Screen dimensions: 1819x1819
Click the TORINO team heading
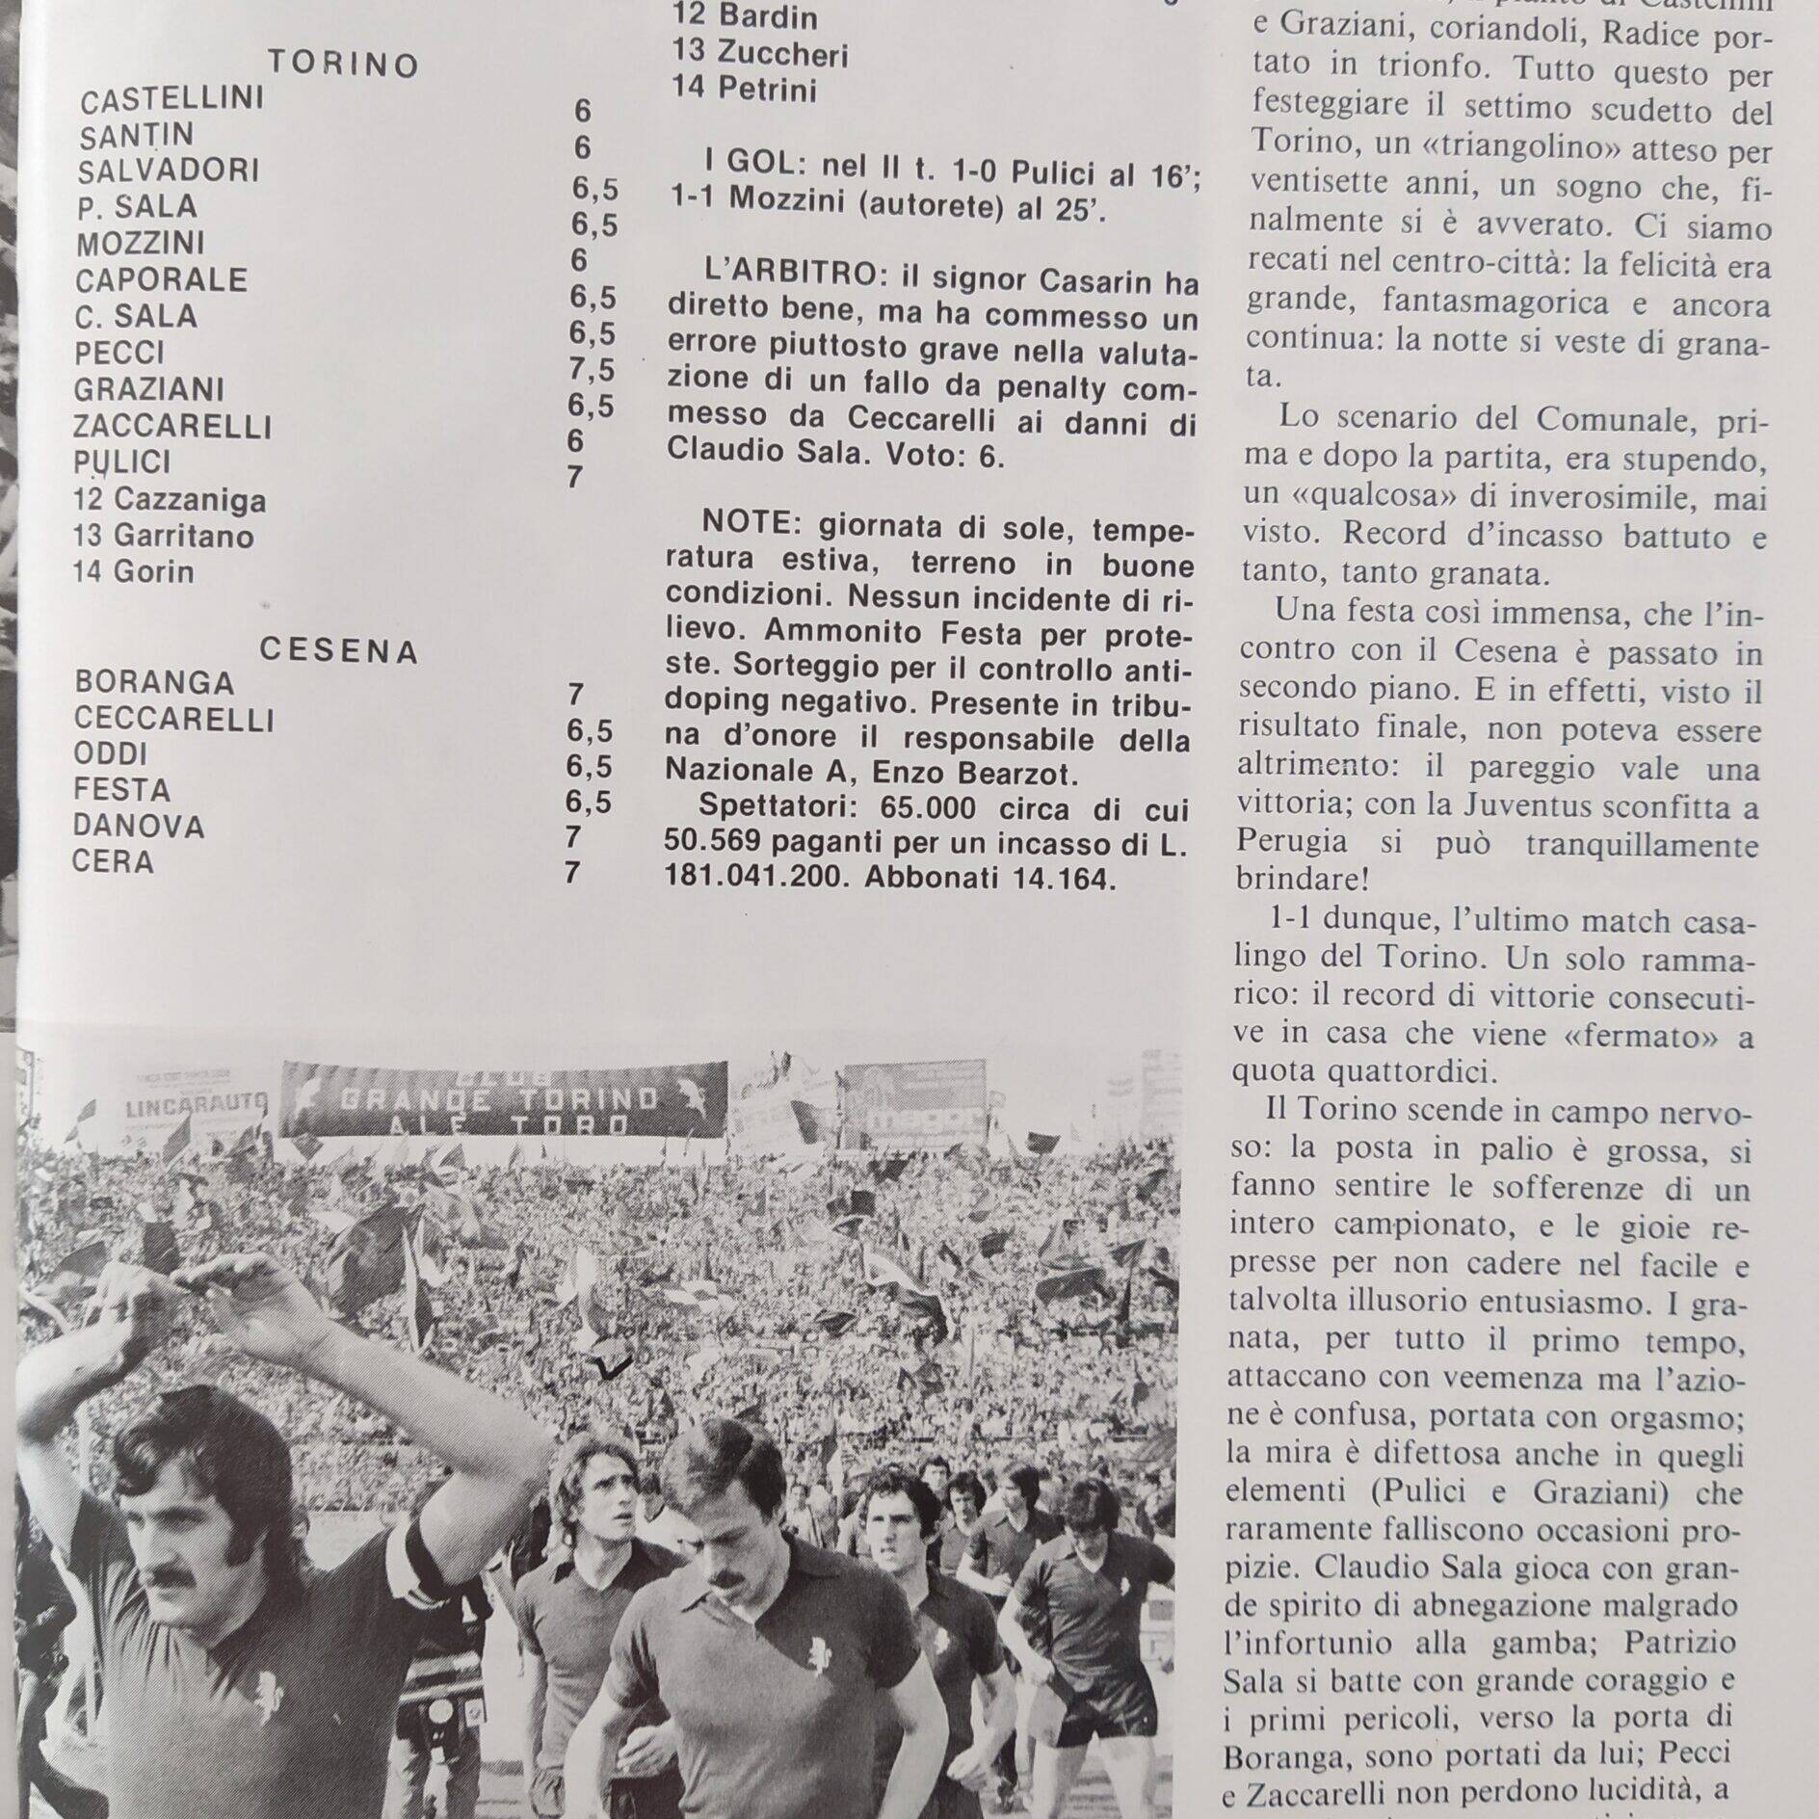tap(343, 65)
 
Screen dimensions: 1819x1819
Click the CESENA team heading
tap(338, 651)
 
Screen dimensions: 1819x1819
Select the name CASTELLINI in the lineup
tap(171, 100)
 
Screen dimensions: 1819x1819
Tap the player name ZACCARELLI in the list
tap(173, 426)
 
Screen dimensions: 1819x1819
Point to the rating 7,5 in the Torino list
tap(592, 370)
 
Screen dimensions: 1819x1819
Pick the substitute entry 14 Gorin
tap(133, 571)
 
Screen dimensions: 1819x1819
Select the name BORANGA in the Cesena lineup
tap(154, 682)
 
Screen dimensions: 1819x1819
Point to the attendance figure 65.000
tap(916, 806)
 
